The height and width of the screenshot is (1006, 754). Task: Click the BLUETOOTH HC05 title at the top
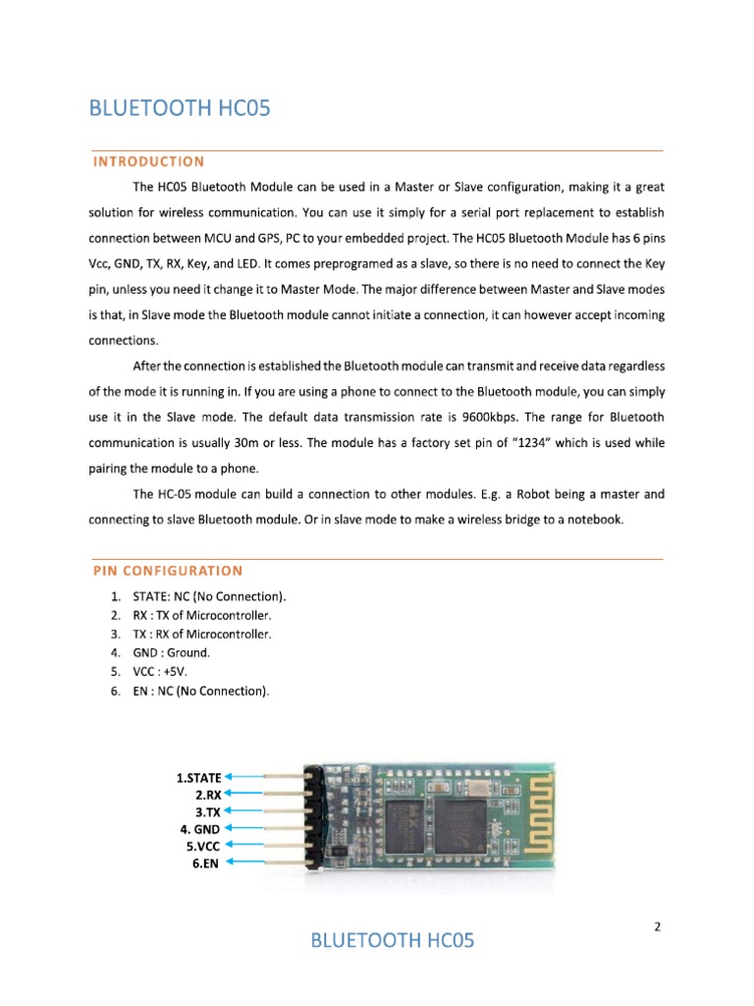180,108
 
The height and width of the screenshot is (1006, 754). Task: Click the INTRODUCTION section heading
148,161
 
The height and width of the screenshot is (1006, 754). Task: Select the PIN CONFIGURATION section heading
168,570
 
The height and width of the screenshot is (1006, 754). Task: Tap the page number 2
657,925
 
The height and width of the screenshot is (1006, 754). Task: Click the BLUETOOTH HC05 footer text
392,941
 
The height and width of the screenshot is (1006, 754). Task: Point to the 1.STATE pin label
198,777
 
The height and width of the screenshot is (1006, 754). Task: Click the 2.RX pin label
207,794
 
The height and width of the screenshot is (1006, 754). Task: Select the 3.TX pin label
207,811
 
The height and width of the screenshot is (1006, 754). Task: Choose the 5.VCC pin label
203,845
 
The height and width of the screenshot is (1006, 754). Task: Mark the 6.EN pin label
206,863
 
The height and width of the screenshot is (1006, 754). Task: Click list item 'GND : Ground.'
172,652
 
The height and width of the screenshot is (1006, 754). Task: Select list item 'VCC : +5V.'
166,671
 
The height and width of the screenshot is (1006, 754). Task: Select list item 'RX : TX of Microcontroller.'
201,615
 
